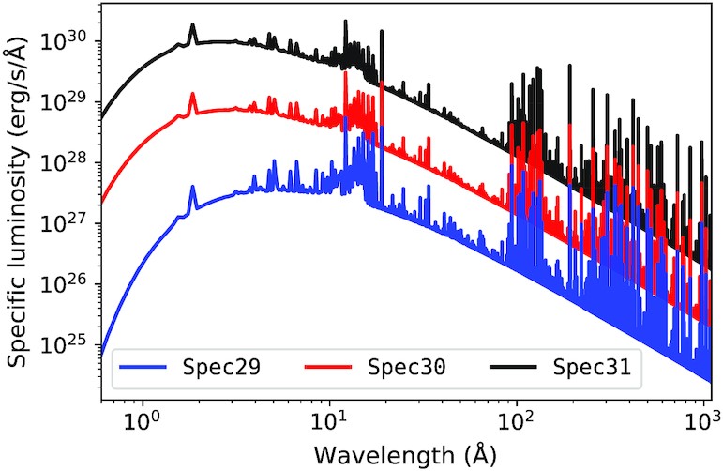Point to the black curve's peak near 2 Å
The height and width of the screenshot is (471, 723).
(193, 26)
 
